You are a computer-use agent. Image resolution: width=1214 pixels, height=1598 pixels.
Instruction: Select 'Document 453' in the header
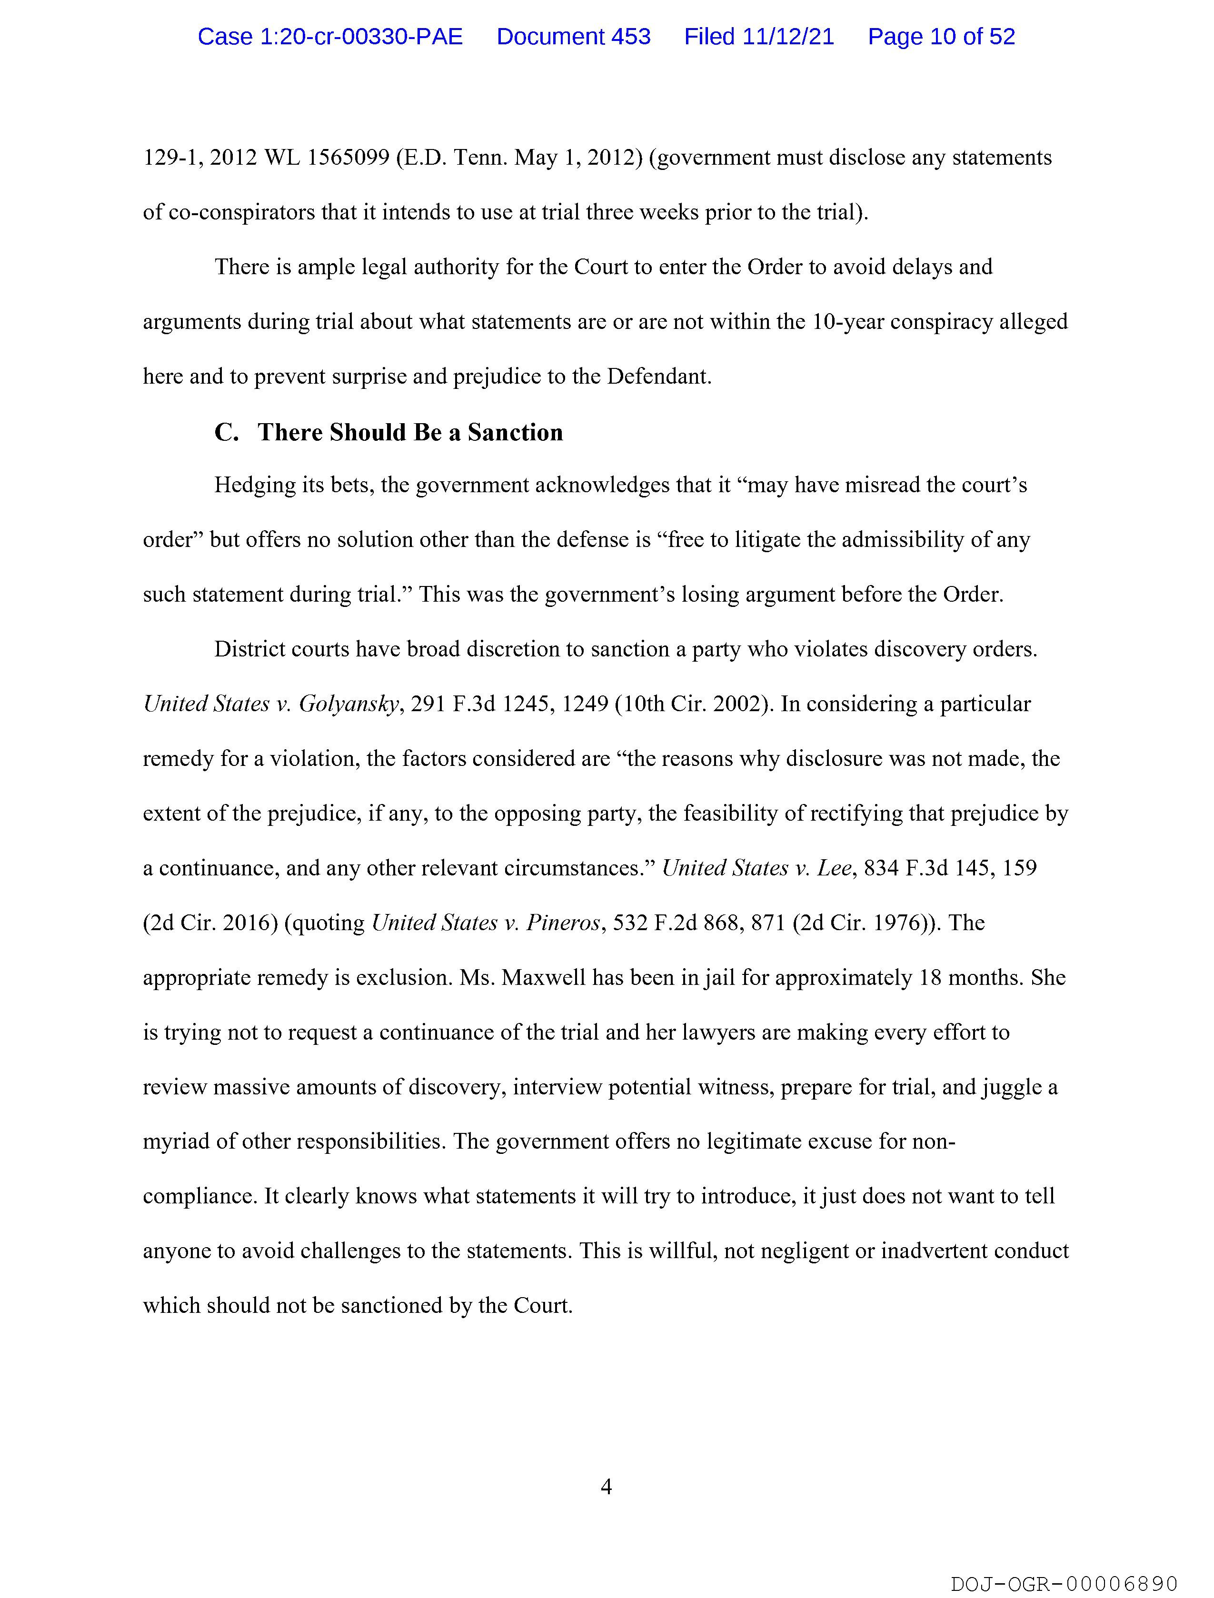pos(573,37)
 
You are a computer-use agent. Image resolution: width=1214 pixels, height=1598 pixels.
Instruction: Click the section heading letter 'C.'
pos(226,433)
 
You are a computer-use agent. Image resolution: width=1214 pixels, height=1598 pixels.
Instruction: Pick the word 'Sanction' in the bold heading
pos(515,433)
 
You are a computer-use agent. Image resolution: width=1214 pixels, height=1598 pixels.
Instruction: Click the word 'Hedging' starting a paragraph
pos(251,486)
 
